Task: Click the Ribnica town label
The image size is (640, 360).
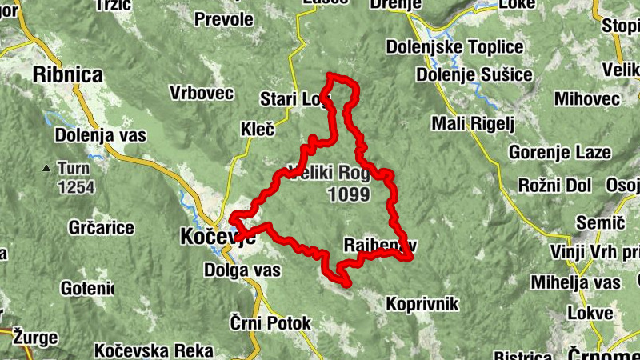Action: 68,75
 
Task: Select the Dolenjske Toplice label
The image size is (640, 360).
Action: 448,47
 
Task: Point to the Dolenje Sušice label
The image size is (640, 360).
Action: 474,75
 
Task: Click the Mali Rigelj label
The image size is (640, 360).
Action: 472,124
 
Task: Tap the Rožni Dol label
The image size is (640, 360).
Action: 554,185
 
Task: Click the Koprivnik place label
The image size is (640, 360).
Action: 422,304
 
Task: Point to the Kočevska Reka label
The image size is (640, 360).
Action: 154,350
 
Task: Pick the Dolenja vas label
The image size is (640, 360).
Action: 100,136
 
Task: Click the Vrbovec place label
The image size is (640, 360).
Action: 202,94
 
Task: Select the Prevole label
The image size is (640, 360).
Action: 224,18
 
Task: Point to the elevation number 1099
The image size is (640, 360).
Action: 349,194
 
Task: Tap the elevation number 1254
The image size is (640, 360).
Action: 76,188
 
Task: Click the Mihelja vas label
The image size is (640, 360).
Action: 576,283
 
